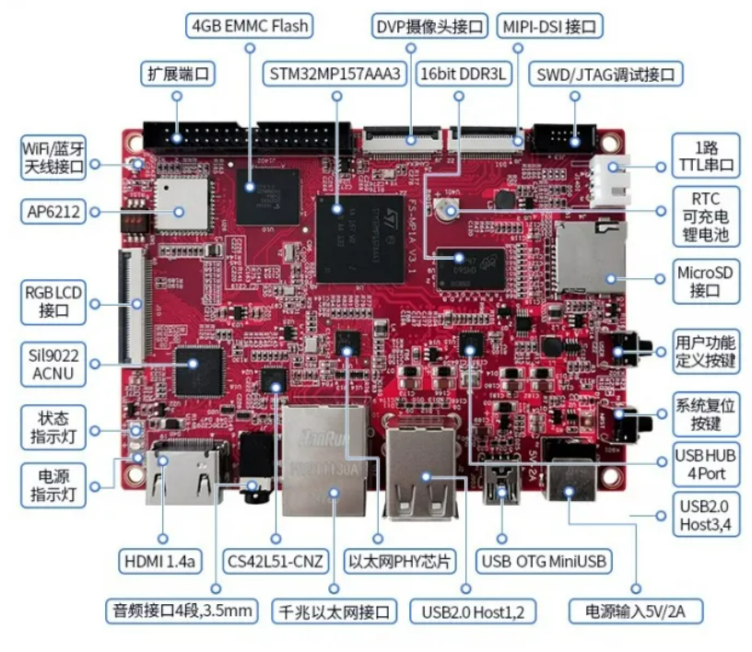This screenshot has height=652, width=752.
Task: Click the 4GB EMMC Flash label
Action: click(250, 24)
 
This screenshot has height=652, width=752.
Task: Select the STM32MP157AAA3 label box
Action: click(335, 74)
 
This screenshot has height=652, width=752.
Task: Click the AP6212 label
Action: click(54, 213)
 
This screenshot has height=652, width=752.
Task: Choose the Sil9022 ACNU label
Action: click(54, 363)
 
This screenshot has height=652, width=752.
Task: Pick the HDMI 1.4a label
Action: click(162, 560)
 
